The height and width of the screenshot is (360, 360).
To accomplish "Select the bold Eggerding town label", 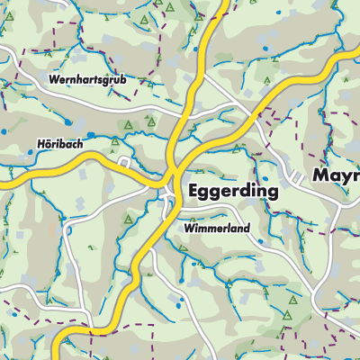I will click(233, 192).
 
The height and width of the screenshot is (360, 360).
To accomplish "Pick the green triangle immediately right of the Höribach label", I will click(114, 141).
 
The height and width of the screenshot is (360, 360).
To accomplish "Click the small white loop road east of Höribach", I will click(125, 164).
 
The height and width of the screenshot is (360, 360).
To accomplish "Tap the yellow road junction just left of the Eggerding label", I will click(174, 175).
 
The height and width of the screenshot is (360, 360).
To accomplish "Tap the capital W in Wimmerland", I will click(188, 229).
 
